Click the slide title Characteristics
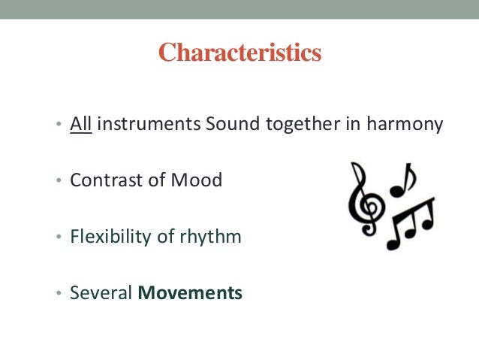coord(239,53)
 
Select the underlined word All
coord(80,124)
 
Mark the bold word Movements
coord(190,293)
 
